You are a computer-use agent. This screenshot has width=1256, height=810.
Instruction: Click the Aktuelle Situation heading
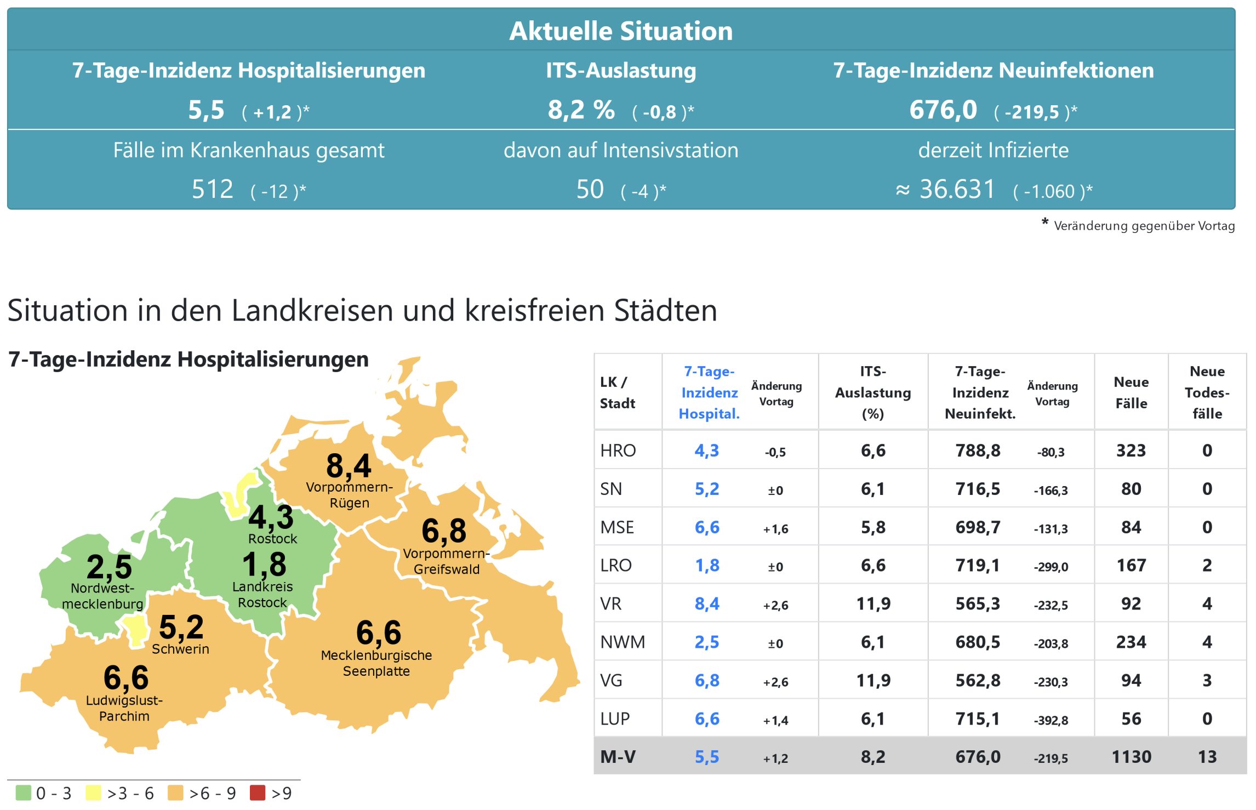(621, 31)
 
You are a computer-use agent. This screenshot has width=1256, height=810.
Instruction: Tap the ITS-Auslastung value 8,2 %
(581, 110)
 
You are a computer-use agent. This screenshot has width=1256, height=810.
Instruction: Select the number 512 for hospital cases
(213, 190)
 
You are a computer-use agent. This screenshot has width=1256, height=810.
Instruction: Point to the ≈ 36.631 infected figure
(945, 190)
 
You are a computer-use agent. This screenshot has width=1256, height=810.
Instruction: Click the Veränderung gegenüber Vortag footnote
(1144, 226)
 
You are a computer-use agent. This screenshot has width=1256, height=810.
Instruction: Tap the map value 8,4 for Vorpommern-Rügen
(349, 466)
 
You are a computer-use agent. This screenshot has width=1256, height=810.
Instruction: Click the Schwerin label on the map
(180, 649)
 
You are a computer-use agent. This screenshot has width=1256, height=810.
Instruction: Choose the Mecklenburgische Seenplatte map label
(376, 663)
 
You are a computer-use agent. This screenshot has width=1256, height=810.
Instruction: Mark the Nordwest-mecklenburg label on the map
(102, 596)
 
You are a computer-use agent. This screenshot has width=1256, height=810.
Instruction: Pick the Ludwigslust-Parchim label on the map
(124, 708)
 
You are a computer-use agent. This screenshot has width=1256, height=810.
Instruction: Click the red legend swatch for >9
(258, 792)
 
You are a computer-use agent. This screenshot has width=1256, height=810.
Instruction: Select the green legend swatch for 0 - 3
(24, 792)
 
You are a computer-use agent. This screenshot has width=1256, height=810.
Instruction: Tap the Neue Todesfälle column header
(1207, 392)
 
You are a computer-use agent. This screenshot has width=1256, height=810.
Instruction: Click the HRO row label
(618, 450)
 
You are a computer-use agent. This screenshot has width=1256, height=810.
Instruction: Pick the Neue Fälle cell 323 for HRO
(1131, 450)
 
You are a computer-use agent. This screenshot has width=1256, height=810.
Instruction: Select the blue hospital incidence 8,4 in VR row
(707, 604)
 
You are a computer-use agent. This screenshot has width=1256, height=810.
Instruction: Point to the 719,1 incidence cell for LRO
(978, 566)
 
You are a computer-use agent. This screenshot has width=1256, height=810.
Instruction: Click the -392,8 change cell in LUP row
(1051, 720)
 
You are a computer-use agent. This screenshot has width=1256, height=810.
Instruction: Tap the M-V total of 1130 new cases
(1131, 757)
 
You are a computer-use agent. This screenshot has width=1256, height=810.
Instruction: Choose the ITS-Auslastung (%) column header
(873, 392)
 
